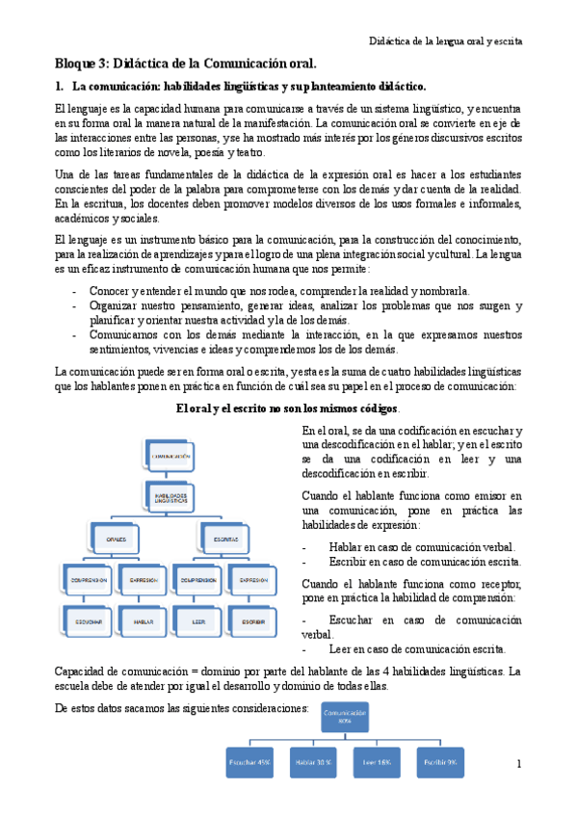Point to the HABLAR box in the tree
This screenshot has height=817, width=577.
(144, 621)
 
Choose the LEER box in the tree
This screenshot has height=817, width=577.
(198, 621)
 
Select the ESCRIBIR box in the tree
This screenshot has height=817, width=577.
(253, 621)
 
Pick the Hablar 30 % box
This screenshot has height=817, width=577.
(314, 761)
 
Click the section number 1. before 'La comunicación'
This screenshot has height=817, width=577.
(60, 87)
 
